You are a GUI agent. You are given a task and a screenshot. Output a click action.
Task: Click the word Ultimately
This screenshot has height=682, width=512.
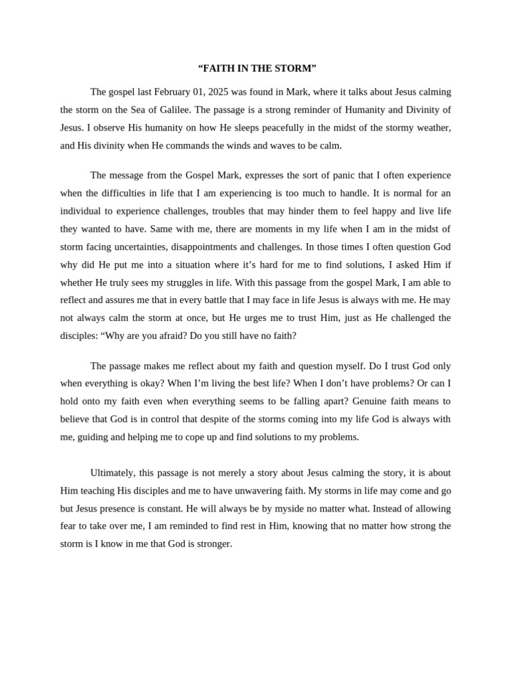[112, 473]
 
